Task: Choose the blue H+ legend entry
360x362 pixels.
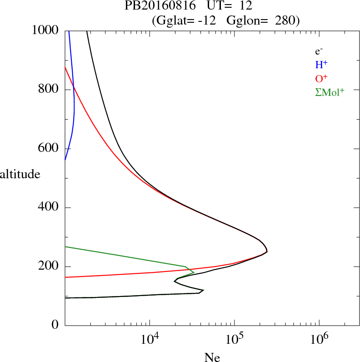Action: [321, 65]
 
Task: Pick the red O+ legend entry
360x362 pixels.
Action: [321, 78]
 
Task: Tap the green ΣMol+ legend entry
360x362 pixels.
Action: [329, 91]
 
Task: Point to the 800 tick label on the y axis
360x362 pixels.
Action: [49, 90]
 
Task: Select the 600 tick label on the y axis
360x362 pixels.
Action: [49, 149]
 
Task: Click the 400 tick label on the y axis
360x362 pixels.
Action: [49, 208]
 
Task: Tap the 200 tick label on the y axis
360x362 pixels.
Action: [49, 266]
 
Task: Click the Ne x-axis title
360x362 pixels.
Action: [212, 357]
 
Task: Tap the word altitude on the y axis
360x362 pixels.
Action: [20, 174]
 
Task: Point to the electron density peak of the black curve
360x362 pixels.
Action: [267, 251]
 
